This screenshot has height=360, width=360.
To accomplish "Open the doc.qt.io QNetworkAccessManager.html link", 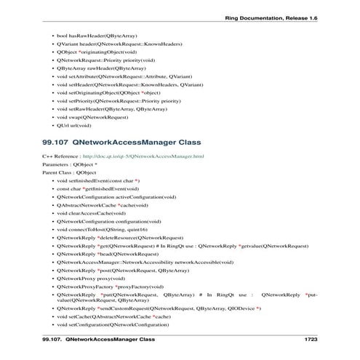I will click(143, 156).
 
